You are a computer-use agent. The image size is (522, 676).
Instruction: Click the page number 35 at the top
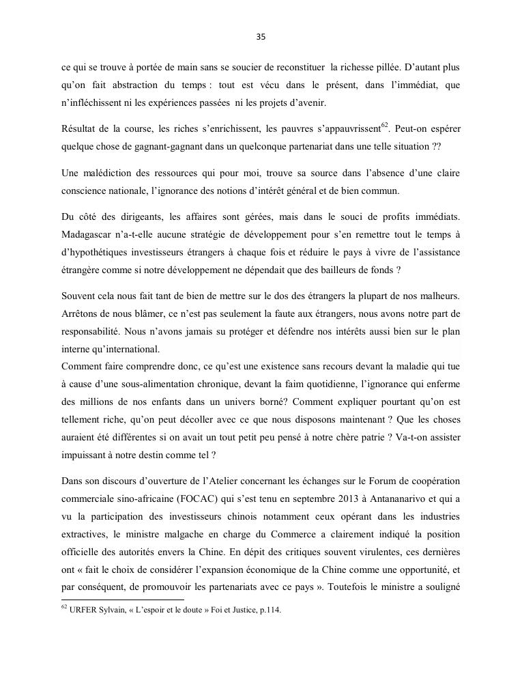click(261, 38)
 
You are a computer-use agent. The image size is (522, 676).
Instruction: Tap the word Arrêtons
click(80, 313)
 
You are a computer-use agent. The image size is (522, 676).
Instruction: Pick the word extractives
click(84, 533)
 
